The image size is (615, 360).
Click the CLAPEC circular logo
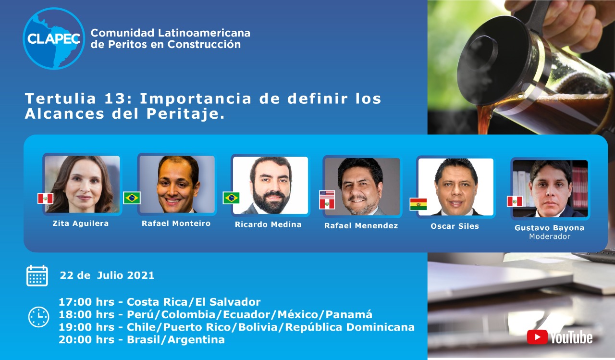tap(54, 38)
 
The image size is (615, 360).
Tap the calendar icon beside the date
tap(37, 276)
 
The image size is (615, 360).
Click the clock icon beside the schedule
tap(39, 317)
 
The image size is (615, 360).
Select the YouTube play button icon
tap(537, 337)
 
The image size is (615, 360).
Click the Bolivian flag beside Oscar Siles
tap(418, 204)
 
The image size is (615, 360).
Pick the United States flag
tap(327, 194)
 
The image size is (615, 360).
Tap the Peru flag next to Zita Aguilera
tap(45, 198)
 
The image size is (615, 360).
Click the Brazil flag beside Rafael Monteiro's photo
tap(132, 198)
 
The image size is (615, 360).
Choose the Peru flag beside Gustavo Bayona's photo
tap(515, 201)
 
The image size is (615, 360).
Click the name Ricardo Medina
tap(268, 224)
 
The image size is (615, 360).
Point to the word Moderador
tap(550, 236)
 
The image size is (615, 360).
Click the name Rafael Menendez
tap(361, 226)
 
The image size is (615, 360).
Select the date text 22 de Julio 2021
tap(107, 275)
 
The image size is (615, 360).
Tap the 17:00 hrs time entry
tap(86, 302)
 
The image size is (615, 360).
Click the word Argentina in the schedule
tap(196, 340)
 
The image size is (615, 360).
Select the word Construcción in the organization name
tap(204, 44)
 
